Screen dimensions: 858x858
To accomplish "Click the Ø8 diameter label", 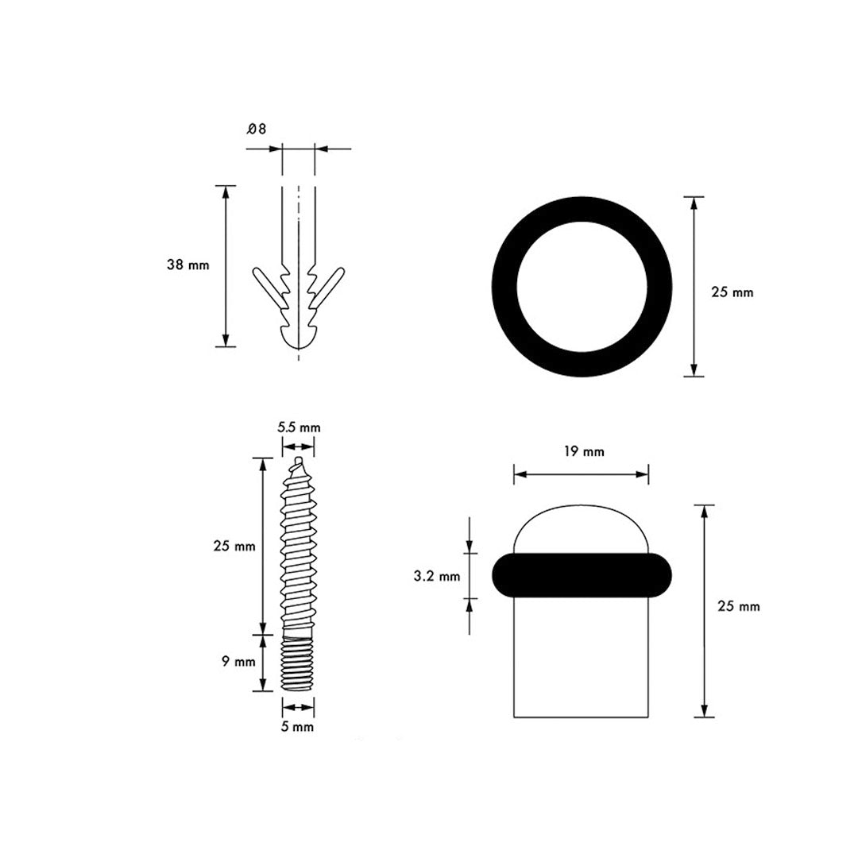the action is pos(256,129).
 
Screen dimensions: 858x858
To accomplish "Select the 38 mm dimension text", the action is pos(188,265).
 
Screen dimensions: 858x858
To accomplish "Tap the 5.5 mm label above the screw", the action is pos(299,427).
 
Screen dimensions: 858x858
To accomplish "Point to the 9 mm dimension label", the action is pos(238,662).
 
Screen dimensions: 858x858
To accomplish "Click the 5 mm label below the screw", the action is pos(297,727).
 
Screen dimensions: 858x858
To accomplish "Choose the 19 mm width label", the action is pos(584,451).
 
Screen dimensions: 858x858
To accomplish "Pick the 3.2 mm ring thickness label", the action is pos(437,576).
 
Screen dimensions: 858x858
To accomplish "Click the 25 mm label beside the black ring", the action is pos(732,292).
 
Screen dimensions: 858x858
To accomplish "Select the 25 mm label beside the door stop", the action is pos(739,606).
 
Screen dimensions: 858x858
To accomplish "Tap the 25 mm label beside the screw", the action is pos(234,546).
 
